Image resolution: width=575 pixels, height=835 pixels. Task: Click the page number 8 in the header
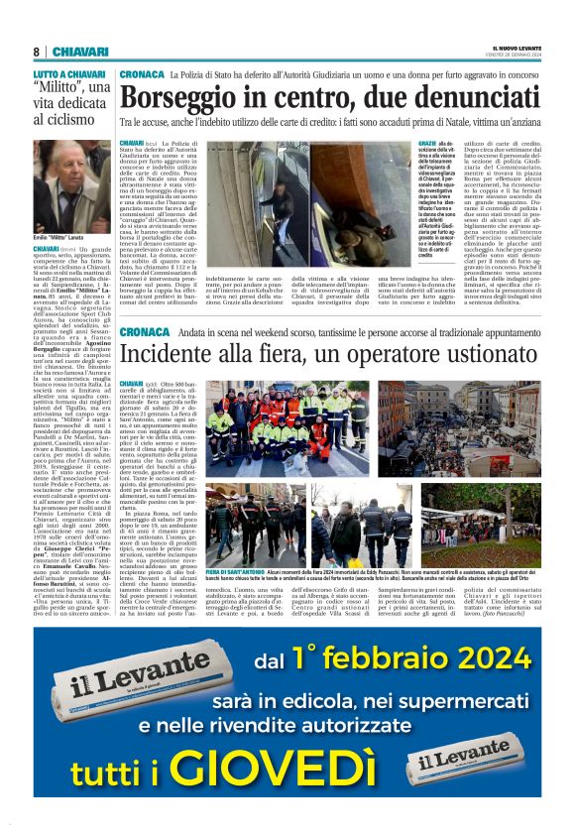pos(36,52)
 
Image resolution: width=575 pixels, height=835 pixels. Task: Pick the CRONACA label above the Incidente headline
pos(143,332)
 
